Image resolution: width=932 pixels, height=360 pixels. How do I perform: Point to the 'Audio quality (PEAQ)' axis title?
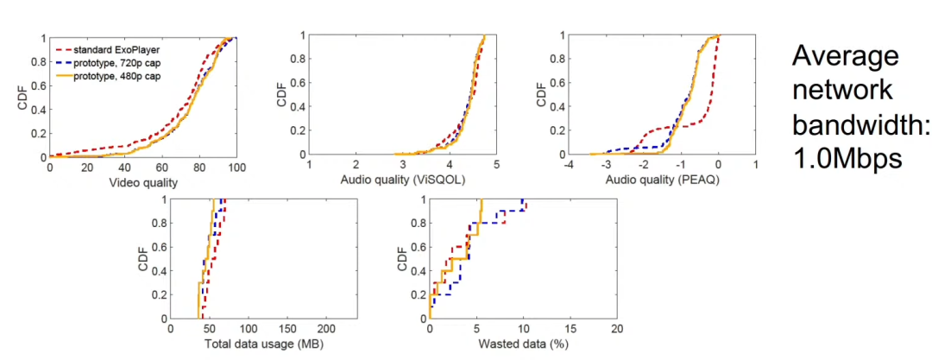coord(661,181)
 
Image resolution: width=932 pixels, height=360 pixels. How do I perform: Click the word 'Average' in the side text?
coord(846,58)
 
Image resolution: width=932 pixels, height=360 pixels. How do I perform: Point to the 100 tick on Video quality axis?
coord(237,167)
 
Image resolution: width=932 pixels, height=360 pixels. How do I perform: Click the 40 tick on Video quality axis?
coord(124,167)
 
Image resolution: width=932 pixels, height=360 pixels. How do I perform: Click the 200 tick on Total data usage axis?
coord(327,329)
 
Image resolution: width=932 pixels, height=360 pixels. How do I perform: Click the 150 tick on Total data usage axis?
coord(288,329)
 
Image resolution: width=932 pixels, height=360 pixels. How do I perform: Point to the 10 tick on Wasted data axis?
coord(523,329)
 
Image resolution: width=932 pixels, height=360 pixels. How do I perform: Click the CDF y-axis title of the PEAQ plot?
coord(542,95)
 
